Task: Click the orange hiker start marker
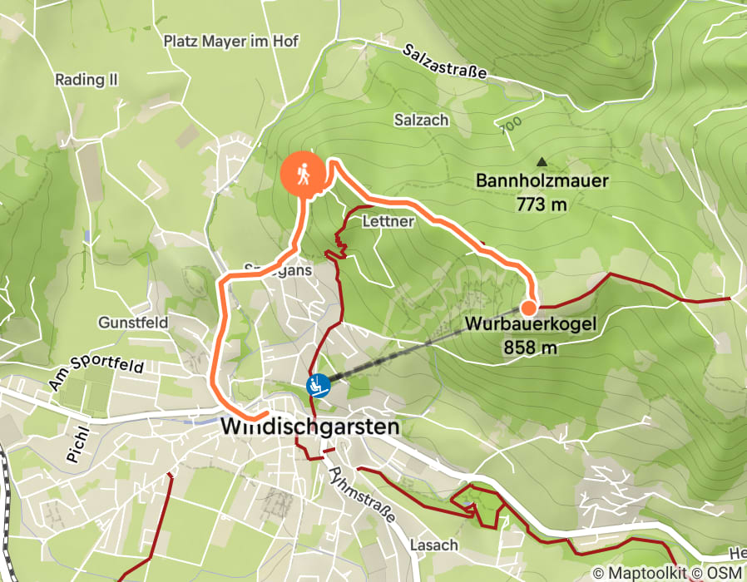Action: pos(302,174)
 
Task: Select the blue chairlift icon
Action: pos(317,385)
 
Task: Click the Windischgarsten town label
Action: pos(310,427)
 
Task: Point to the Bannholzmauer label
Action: pos(542,180)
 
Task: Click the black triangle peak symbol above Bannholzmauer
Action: pos(542,162)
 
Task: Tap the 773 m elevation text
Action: pos(542,204)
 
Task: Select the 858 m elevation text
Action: pos(530,348)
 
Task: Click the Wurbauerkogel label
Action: pos(530,325)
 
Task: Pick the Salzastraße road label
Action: pos(444,62)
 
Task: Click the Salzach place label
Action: pos(421,120)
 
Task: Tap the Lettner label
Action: pos(388,222)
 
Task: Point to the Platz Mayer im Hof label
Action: pos(230,40)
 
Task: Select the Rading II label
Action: pos(87,80)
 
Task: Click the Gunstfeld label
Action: pos(133,322)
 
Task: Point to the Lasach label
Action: pos(434,545)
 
